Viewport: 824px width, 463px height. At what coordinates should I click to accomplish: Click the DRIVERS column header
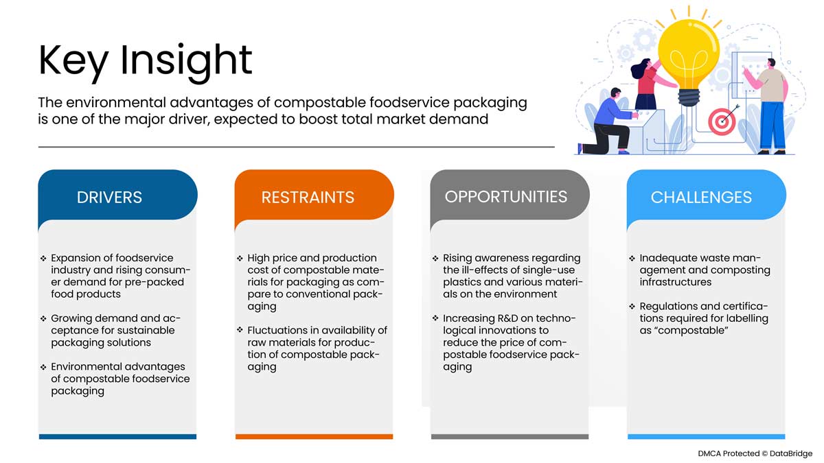coord(110,198)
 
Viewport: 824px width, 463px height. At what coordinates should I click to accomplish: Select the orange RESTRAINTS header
coord(308,198)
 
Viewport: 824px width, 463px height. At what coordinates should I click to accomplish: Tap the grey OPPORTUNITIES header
coord(506,196)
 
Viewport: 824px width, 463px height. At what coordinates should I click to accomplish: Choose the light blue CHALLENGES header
coord(701,198)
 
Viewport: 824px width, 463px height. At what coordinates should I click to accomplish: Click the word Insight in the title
coord(187,60)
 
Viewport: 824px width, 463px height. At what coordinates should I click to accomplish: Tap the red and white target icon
coord(722,121)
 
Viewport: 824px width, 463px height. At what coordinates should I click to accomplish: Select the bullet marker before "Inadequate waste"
coord(632,259)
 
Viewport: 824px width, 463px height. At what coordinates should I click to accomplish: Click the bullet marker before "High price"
coord(240,259)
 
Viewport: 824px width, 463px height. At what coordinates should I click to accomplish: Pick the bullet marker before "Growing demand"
coord(44,319)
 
